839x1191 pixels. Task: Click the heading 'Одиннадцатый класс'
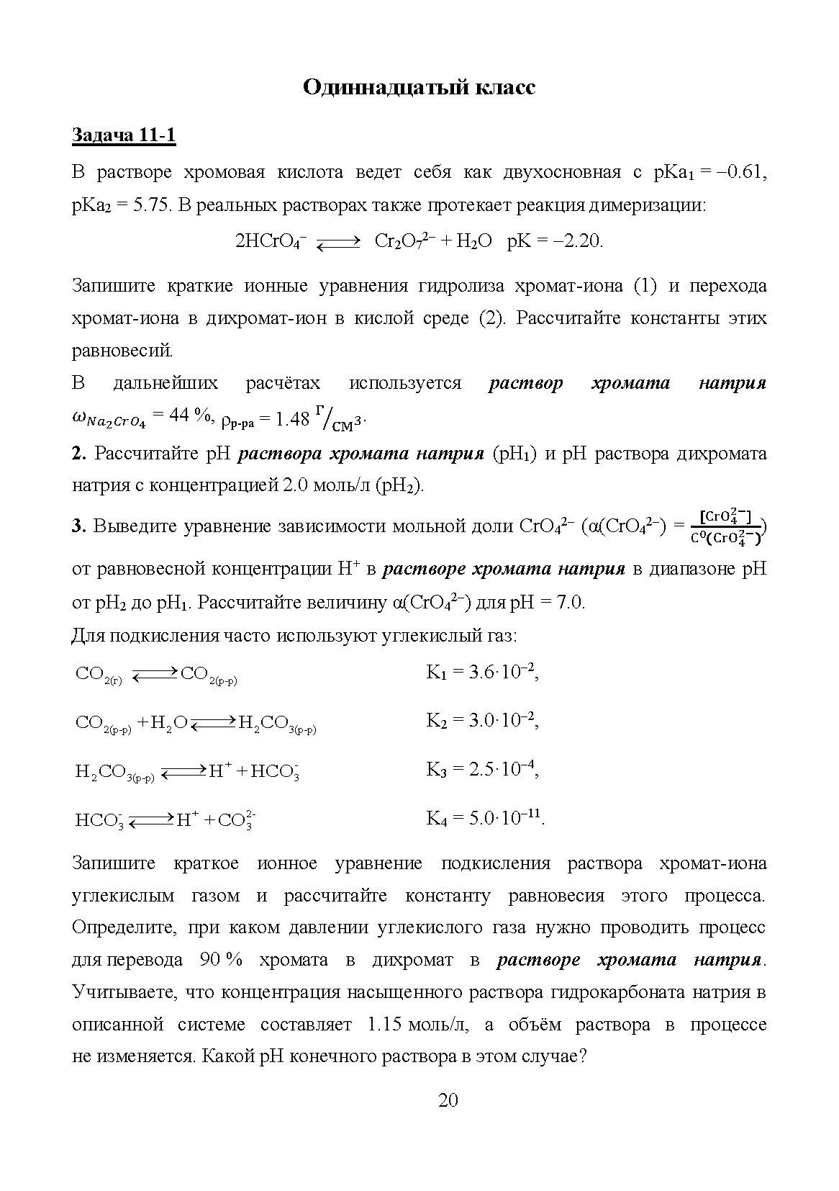[419, 87]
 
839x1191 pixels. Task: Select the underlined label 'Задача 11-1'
[124, 135]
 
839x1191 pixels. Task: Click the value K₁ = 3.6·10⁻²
[482, 673]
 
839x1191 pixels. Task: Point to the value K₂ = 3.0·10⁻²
[482, 720]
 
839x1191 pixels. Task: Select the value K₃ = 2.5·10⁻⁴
[482, 769]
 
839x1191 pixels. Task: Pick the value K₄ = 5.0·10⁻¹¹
[486, 818]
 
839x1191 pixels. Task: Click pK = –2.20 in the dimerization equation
[555, 241]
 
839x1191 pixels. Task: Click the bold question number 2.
[78, 454]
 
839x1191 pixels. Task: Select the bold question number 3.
[78, 526]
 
